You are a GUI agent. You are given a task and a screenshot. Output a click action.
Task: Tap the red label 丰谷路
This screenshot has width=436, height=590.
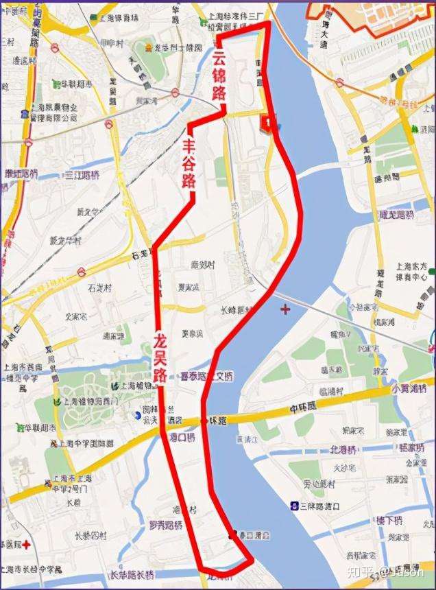(189, 165)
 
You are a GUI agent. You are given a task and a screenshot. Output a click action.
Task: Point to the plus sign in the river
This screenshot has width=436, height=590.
(284, 310)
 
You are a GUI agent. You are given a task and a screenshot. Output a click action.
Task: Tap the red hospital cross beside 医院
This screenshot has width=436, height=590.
(25, 545)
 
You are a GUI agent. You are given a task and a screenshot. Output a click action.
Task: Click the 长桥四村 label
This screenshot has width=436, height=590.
(82, 534)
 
